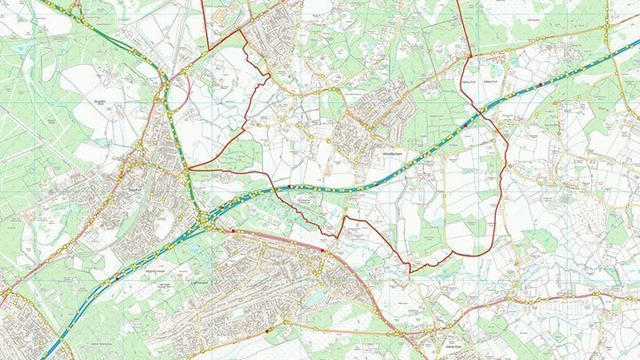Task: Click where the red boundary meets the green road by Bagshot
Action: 188,169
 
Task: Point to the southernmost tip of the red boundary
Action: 410,271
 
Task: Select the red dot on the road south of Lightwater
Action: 268,332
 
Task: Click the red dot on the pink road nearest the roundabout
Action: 234,230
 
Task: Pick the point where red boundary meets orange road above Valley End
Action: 468,56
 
